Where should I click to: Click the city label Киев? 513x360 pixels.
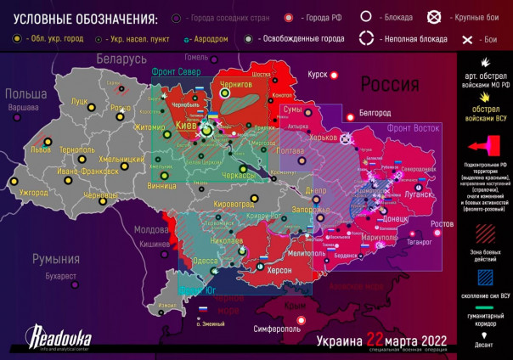(185, 125)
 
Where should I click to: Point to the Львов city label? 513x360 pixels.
(41, 148)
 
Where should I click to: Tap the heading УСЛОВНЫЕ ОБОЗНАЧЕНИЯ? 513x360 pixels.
(79, 19)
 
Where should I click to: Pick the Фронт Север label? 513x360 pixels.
(177, 72)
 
